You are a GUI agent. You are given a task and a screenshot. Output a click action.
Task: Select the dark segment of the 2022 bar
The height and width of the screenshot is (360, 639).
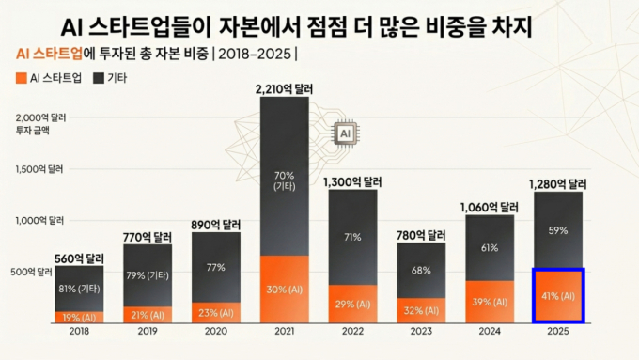tap(352, 236)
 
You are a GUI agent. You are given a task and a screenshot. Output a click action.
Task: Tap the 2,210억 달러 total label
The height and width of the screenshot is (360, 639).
tap(283, 88)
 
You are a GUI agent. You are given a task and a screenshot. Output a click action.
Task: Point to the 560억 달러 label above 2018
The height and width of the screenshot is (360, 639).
tap(79, 258)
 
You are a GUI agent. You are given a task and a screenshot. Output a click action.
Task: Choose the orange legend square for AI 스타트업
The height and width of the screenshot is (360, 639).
tap(21, 78)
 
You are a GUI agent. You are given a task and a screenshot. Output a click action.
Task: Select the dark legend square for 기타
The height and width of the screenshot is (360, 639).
tap(98, 78)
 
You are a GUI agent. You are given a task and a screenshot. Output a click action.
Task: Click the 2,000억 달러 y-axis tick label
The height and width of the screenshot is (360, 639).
tap(39, 117)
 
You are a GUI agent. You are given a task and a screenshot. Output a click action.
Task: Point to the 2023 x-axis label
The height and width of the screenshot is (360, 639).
tap(421, 332)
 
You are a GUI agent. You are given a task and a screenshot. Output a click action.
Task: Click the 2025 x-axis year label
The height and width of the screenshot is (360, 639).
tap(558, 332)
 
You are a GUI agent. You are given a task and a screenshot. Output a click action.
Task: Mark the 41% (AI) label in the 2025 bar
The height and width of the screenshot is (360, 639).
tap(558, 295)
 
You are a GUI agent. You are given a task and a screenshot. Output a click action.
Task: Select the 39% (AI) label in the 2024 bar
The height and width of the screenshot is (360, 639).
tap(490, 301)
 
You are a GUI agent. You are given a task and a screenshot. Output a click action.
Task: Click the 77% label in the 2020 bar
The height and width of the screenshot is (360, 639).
tap(216, 267)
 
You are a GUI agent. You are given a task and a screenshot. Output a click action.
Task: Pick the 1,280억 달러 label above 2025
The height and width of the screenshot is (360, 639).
tap(558, 183)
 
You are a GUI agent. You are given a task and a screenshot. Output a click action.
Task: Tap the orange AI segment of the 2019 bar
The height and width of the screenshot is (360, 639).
tap(148, 312)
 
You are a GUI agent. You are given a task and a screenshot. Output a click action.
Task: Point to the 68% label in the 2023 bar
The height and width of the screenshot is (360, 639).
tap(421, 271)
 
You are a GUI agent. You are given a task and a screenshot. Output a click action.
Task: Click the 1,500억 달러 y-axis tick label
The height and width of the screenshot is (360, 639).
tap(39, 169)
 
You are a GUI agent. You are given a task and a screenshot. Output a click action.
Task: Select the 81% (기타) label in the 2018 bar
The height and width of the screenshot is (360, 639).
tap(79, 288)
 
